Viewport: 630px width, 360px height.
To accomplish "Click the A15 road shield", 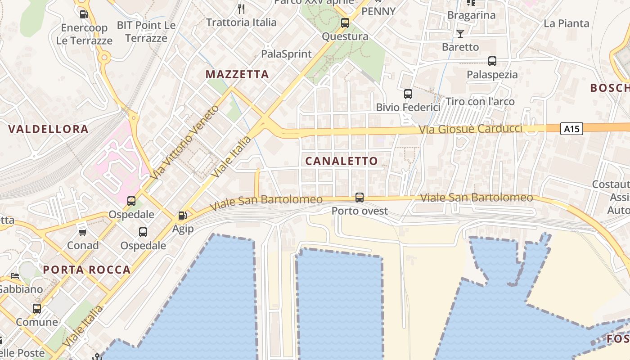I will point(571,129).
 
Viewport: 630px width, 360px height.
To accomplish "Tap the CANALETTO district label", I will point(342,161).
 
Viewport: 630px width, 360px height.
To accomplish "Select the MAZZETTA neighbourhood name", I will point(237,74).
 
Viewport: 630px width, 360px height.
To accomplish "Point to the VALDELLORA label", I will point(49,129).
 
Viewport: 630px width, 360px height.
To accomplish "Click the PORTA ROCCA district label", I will point(87,270).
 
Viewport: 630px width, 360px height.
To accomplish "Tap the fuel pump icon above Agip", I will point(183,216).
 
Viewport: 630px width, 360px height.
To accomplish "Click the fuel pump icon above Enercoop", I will point(84,14).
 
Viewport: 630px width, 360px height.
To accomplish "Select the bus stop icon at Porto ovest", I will point(360,197).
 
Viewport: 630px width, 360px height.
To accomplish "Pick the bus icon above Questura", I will point(345,23).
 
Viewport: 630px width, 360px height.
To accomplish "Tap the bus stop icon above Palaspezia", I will point(492,61).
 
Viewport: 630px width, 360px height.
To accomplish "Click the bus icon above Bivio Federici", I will point(408,94).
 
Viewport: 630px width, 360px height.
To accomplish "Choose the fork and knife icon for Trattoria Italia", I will point(241,9).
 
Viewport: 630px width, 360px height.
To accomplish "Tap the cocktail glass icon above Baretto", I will point(460,33).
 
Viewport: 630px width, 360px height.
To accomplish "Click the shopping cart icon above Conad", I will point(82,232).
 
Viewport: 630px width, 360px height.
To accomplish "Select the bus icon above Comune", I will point(37,309).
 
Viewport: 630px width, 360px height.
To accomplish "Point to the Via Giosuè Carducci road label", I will point(470,129).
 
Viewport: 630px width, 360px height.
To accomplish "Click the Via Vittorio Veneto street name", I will point(185,142).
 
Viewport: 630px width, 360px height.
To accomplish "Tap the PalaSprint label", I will point(287,54).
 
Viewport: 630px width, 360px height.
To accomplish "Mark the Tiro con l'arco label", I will point(480,102).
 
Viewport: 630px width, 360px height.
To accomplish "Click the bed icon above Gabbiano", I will point(15,276).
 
